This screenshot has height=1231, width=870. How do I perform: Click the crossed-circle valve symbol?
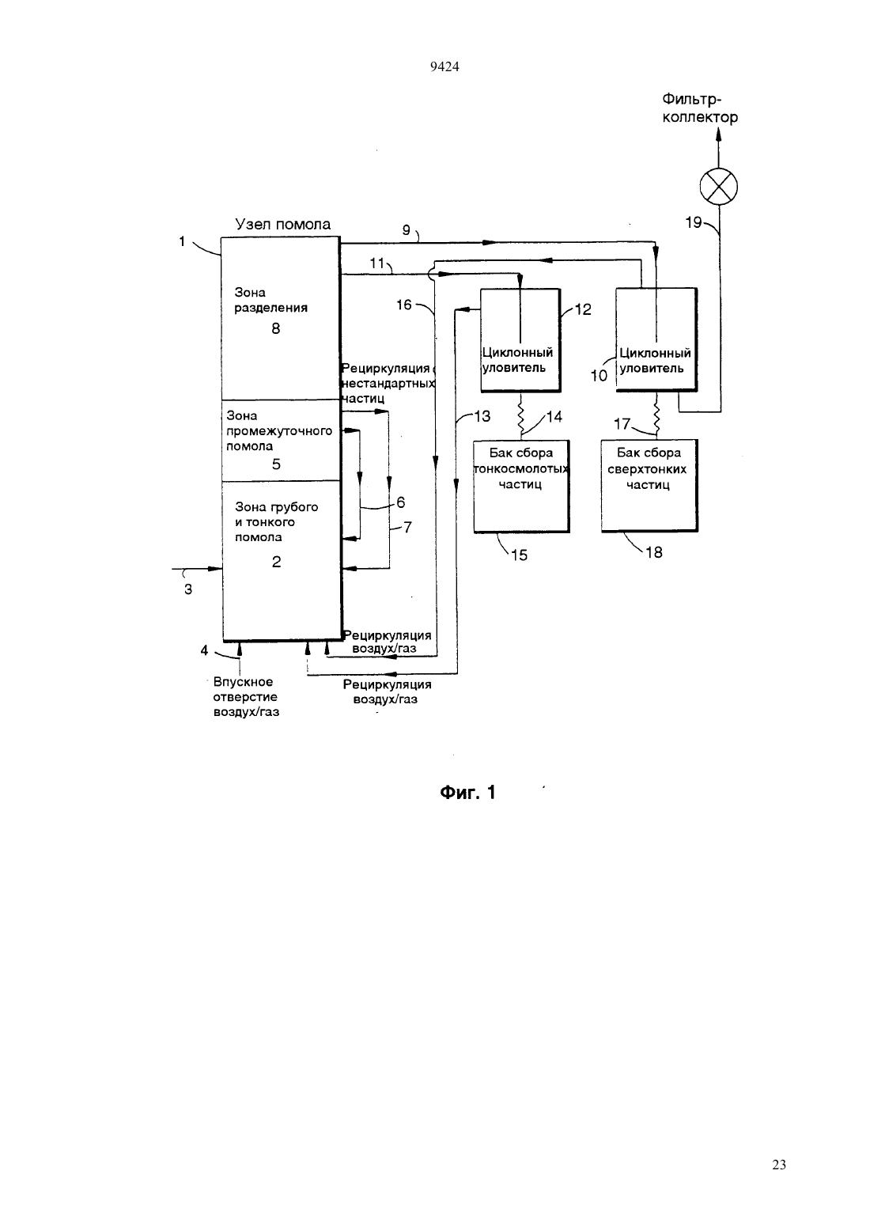pos(718,186)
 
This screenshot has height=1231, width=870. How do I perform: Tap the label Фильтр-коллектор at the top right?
pos(700,108)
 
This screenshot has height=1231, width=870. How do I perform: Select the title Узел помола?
pos(283,224)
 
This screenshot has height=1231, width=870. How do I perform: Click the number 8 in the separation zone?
pos(276,328)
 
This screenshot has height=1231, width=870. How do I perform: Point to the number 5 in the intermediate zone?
pos(276,464)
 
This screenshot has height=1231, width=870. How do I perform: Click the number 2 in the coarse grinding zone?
pos(276,561)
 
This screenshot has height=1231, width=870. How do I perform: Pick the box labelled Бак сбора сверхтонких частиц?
pos(650,485)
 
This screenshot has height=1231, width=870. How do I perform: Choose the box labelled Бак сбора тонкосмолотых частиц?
pos(521,487)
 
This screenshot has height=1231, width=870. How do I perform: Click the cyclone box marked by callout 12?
pos(520,340)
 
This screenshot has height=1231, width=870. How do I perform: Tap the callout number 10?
pos(599,376)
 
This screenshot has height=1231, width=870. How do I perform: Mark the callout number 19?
pos(694,222)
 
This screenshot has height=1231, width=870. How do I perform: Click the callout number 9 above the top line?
pos(407,229)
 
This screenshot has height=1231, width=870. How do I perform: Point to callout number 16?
pos(404,305)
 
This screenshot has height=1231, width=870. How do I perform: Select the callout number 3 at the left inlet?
pos(188,589)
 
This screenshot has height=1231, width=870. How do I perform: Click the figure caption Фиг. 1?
pos(467,793)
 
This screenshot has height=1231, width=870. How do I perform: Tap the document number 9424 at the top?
pos(444,66)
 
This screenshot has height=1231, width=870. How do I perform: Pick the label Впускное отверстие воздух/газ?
pos(246,697)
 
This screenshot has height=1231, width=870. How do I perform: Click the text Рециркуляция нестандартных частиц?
pos(388,383)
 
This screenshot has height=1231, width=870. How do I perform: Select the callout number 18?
pos(653,552)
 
